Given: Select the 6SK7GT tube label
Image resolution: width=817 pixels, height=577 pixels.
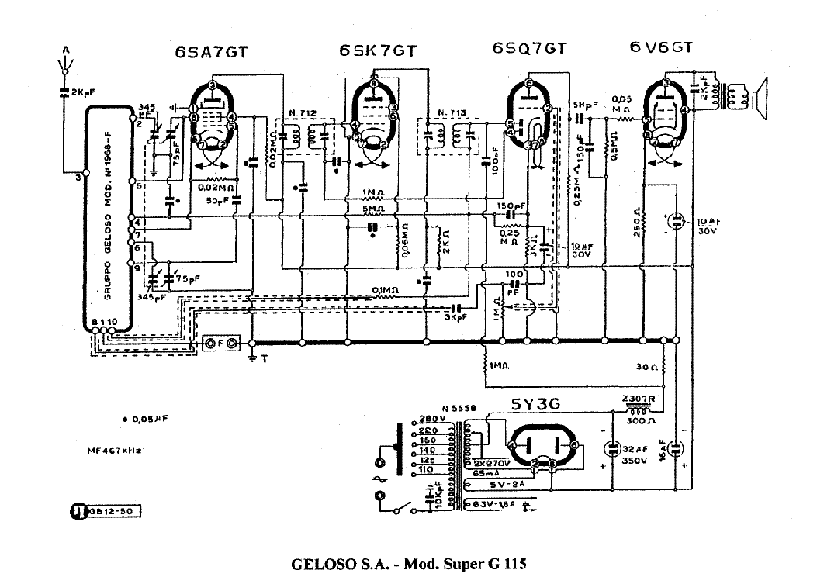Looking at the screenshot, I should (x=378, y=51).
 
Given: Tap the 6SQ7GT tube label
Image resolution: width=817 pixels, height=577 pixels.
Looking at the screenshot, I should (x=529, y=49).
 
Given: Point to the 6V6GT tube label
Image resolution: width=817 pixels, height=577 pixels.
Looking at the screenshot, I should (x=661, y=48).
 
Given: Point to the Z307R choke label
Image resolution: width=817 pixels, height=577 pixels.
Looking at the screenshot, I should (x=639, y=400).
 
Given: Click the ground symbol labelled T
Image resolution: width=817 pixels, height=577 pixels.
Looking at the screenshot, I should (x=252, y=359).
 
